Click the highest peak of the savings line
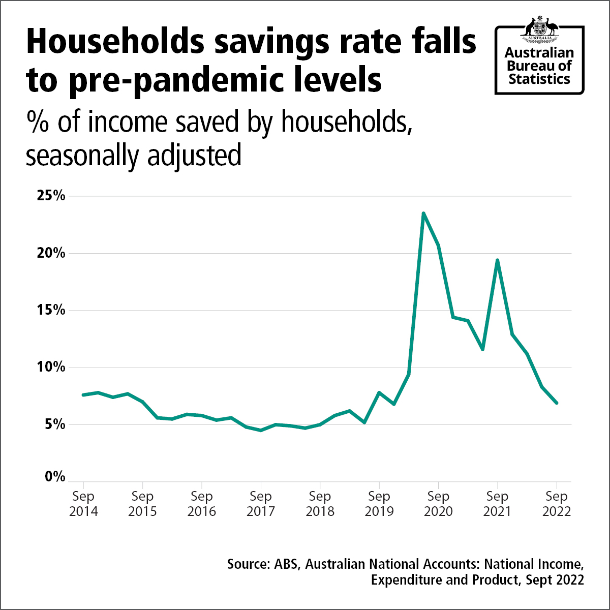(x=423, y=213)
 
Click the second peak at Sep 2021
(x=497, y=260)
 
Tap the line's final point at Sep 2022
(x=557, y=403)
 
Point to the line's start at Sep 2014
(x=83, y=394)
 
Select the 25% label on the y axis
(x=51, y=196)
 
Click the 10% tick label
(x=51, y=367)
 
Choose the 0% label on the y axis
(x=55, y=477)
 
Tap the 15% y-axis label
(x=51, y=310)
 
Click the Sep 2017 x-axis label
(x=261, y=504)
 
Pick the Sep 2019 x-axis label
(x=379, y=504)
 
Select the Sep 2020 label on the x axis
(x=438, y=504)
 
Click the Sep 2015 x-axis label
(x=142, y=504)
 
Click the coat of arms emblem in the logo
(x=539, y=29)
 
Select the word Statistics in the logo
(x=539, y=79)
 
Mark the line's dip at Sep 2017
(x=261, y=430)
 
